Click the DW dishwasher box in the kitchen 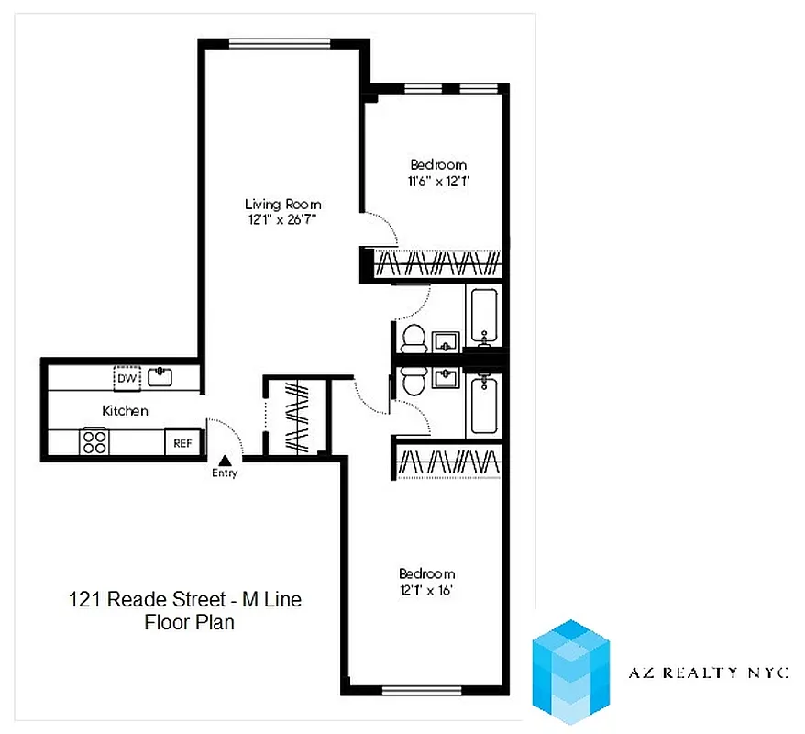[x=126, y=378]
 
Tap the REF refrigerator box [x=182, y=443]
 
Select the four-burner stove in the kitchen [x=94, y=442]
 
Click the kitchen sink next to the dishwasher [x=162, y=376]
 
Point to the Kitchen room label [x=125, y=411]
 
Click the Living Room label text [x=282, y=204]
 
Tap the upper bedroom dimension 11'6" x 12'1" [x=438, y=181]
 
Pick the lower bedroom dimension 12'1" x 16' [x=426, y=590]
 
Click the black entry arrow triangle [x=224, y=461]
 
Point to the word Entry [x=225, y=473]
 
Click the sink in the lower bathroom [x=447, y=377]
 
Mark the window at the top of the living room [x=279, y=42]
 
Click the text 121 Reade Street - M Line [x=184, y=600]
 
